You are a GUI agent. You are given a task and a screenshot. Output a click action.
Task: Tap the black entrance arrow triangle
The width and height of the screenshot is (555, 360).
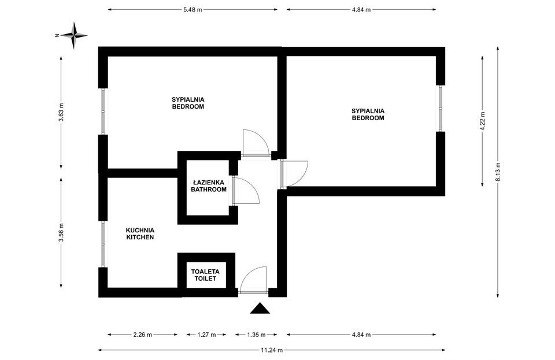tap(260, 309)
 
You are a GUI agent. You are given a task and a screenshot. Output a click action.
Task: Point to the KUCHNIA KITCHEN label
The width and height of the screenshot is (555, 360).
tap(140, 233)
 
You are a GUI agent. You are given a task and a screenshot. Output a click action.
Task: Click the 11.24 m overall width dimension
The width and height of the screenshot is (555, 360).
tap(271, 350)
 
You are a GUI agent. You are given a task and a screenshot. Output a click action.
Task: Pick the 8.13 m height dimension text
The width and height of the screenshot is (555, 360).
tap(498, 172)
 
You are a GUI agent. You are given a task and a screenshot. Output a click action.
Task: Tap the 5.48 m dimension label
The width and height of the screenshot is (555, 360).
tap(192, 10)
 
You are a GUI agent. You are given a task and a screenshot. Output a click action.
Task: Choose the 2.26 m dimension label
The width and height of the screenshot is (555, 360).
tap(142, 335)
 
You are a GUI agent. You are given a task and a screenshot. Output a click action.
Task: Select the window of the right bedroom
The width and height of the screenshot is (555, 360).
tap(441, 109)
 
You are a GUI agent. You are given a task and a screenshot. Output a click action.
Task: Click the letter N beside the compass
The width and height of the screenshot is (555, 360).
tap(57, 36)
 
